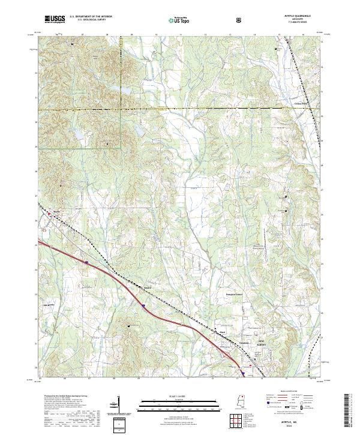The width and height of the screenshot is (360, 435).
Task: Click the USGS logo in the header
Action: pos(55,19)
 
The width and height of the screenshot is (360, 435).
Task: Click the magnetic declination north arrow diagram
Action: pos(112,405)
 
